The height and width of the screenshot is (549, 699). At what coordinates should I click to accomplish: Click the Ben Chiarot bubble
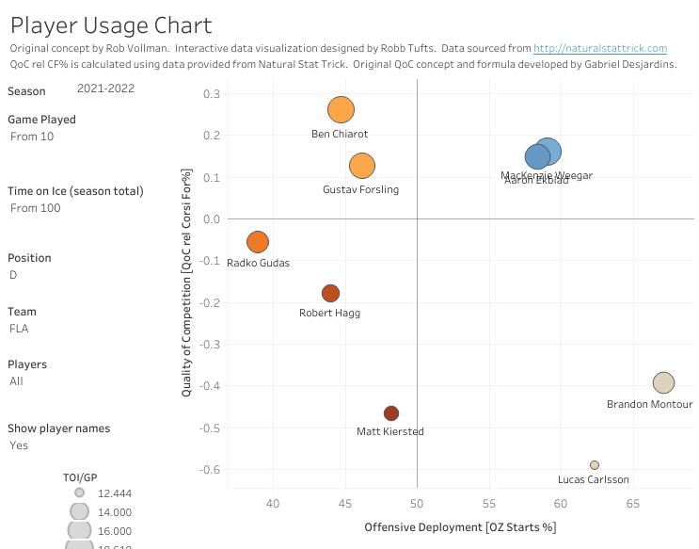[341, 109]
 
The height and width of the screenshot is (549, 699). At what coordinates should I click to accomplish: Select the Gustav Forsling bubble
[362, 166]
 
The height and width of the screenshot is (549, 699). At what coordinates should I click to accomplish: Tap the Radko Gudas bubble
[258, 242]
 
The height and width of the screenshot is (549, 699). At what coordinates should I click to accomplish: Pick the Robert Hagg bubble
[330, 294]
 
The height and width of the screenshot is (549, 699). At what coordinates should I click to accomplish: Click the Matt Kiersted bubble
[391, 413]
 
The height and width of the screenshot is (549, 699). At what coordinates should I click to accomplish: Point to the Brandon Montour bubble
[663, 382]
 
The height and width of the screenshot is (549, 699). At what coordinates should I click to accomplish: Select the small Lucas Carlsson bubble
[595, 465]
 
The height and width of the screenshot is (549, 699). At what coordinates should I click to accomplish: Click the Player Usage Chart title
[111, 25]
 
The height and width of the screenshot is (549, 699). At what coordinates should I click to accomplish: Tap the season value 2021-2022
[105, 89]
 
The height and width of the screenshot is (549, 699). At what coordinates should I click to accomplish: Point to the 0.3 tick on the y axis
[212, 94]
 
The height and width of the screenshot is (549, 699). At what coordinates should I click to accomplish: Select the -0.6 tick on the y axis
[210, 470]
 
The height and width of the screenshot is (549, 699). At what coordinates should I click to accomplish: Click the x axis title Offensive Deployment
[460, 527]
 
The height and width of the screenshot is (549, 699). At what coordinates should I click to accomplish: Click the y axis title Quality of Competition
[187, 283]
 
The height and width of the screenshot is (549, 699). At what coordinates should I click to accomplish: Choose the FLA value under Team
[19, 330]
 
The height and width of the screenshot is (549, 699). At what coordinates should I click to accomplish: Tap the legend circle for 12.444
[80, 492]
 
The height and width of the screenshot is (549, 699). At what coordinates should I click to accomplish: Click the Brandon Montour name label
[649, 404]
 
